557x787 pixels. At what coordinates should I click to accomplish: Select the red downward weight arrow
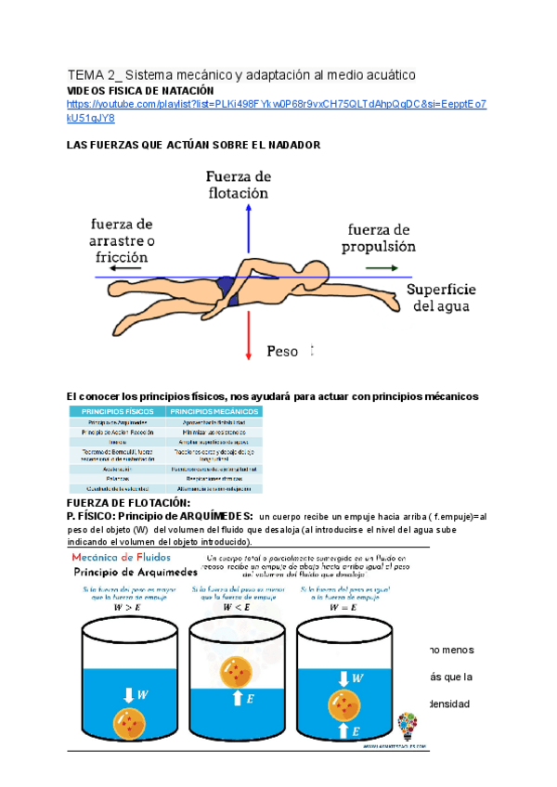click(248, 330)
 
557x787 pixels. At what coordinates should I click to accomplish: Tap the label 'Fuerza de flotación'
click(238, 185)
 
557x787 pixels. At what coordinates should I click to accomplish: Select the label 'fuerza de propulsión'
click(378, 238)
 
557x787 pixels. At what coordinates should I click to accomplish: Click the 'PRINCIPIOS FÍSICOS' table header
click(116, 410)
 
